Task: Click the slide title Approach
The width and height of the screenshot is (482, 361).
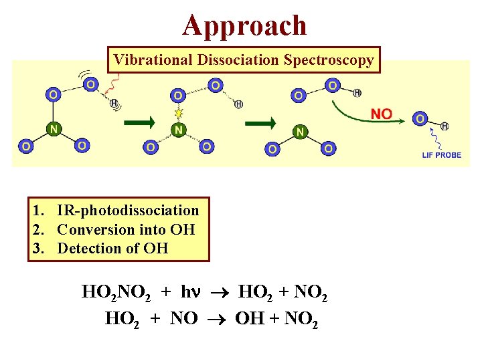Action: coord(245,25)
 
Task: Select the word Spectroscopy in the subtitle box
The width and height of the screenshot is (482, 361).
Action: coord(329,59)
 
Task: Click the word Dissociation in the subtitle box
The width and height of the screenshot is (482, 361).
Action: coord(237,59)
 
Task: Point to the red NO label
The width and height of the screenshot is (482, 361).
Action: coord(381,114)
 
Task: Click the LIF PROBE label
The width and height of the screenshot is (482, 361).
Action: coord(441,155)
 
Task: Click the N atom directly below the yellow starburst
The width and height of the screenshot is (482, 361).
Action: coord(178,130)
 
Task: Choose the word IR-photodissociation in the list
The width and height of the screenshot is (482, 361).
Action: coord(128,211)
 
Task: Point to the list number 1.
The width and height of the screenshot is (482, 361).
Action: coord(37,211)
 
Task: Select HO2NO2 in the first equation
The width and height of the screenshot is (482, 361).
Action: coord(120,293)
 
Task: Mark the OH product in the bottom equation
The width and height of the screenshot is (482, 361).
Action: coord(248,319)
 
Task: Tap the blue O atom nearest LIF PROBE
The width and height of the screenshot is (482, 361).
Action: coord(420,119)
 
